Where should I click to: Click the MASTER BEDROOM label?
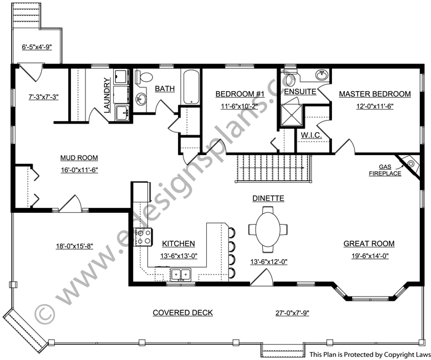374,94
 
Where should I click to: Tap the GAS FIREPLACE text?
385,170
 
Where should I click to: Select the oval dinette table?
268,229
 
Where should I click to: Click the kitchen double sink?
181,274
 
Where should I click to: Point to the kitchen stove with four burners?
143,237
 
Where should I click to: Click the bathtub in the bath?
191,87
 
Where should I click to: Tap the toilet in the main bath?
144,77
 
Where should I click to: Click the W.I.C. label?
311,135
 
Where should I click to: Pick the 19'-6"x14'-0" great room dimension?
370,256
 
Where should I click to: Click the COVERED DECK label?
183,313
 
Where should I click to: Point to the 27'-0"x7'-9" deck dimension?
292,313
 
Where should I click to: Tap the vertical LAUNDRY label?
107,95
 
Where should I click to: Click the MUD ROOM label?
79,158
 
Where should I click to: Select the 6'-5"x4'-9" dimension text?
37,47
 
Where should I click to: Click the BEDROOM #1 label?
240,94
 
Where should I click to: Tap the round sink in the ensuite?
321,74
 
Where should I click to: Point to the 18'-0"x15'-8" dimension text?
75,246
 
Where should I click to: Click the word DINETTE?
268,198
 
